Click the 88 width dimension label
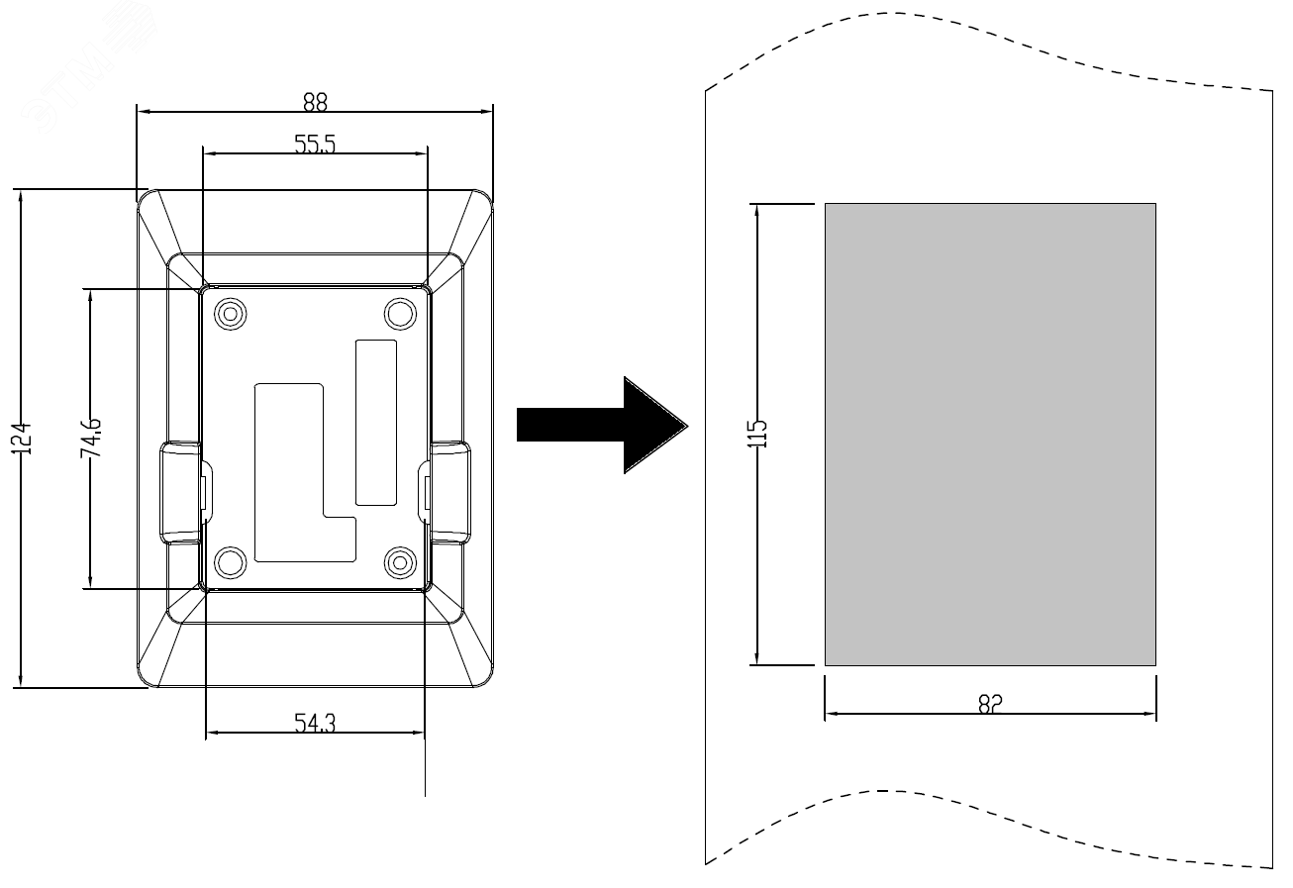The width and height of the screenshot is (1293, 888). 315,101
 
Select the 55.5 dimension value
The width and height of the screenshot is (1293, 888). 315,144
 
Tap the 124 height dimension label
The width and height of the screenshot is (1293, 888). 27,438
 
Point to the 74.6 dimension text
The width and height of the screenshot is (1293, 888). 92,438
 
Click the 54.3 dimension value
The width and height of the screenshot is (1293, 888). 315,724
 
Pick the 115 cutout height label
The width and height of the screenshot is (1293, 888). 758,434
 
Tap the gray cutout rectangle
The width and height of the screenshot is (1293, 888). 990,434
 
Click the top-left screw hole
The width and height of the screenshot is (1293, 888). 231,314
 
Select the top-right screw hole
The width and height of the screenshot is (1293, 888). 399,314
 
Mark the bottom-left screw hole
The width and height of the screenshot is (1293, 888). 231,562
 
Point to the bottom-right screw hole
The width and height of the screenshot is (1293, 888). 399,562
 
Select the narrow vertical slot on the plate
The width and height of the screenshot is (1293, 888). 375,421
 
